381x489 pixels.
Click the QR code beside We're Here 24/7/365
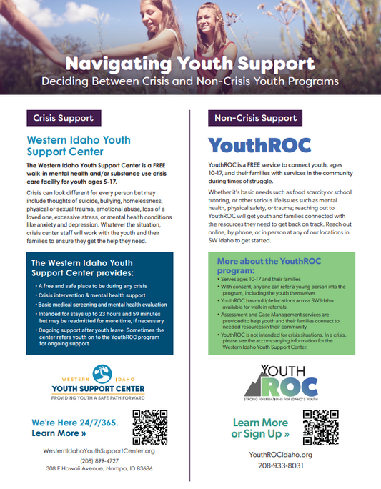coord(150,427)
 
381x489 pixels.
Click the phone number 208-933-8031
coord(280,465)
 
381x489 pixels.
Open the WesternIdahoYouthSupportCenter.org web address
coord(99,451)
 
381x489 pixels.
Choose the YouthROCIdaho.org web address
coord(280,455)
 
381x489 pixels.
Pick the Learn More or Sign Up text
coord(260,428)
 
